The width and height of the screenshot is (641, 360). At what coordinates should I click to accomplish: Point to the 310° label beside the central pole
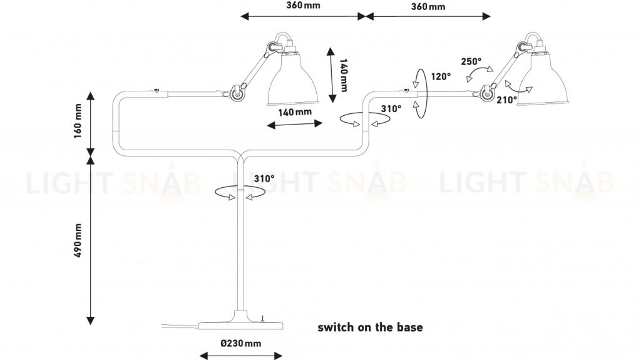click(263, 179)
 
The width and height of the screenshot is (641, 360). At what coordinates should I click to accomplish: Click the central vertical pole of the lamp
click(240, 250)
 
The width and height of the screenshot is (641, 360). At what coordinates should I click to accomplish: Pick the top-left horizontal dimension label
click(300, 6)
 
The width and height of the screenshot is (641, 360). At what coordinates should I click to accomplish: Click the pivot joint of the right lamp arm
click(489, 92)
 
